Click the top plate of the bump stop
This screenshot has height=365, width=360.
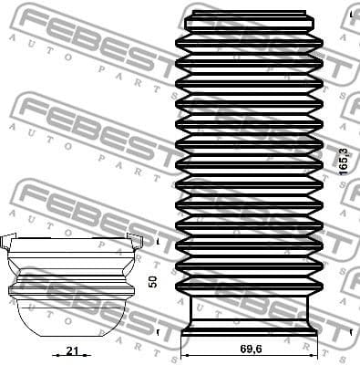coord(74,244)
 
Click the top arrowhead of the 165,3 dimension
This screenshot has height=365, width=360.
coord(339,13)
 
